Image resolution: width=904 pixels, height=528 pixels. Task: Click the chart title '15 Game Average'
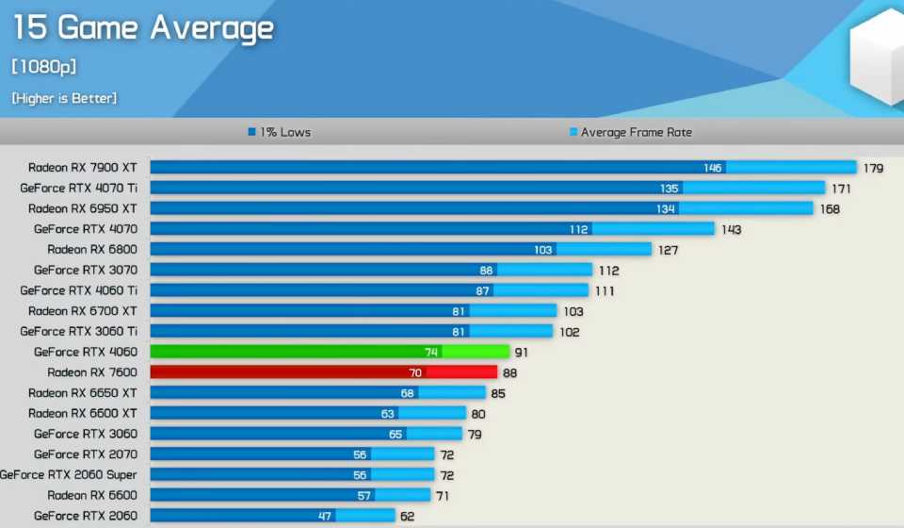(x=142, y=28)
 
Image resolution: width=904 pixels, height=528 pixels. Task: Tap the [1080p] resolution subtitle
(x=43, y=67)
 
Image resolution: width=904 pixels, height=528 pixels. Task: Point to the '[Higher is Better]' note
(x=64, y=98)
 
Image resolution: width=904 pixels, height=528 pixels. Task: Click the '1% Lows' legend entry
(x=279, y=133)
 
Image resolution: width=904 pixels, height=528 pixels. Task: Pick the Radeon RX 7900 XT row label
(x=82, y=168)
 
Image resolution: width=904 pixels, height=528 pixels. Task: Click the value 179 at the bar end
(x=873, y=169)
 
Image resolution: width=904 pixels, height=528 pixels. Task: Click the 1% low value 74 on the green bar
(x=431, y=352)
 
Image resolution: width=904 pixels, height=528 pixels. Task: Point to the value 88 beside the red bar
(x=509, y=372)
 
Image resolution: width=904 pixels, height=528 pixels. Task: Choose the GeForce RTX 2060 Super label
(x=69, y=474)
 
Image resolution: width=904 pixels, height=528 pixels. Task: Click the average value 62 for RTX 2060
(x=408, y=516)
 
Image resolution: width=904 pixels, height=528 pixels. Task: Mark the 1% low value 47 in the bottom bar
(x=325, y=516)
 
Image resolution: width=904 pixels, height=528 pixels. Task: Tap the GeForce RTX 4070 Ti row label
(x=78, y=189)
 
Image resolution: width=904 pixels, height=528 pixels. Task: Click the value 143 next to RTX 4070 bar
(x=731, y=229)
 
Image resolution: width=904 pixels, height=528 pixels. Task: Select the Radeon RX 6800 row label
(x=91, y=250)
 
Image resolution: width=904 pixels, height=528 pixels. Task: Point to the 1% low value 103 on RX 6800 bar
(x=542, y=250)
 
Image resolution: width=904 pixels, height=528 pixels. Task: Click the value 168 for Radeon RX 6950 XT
(x=829, y=208)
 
